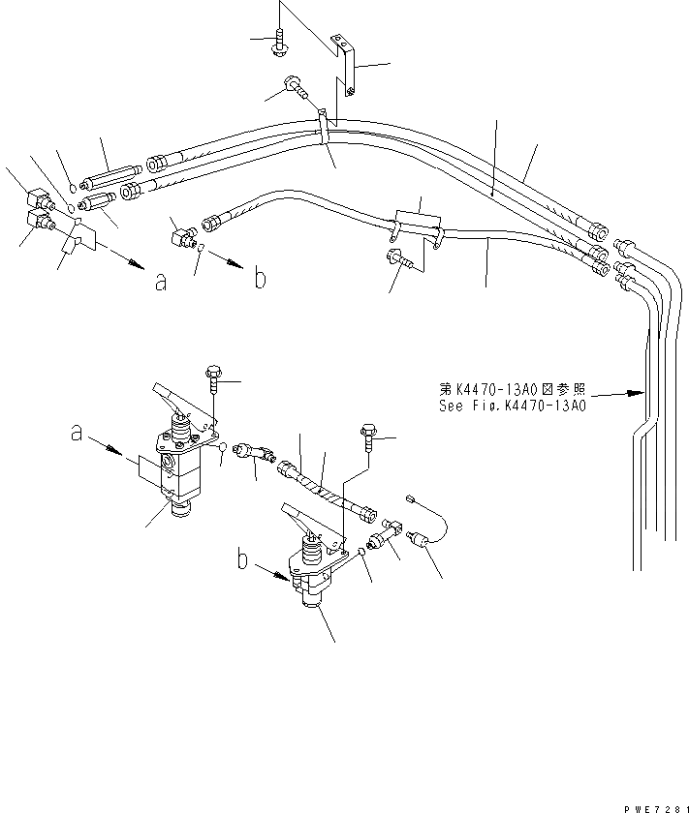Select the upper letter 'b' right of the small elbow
[x=259, y=279]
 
